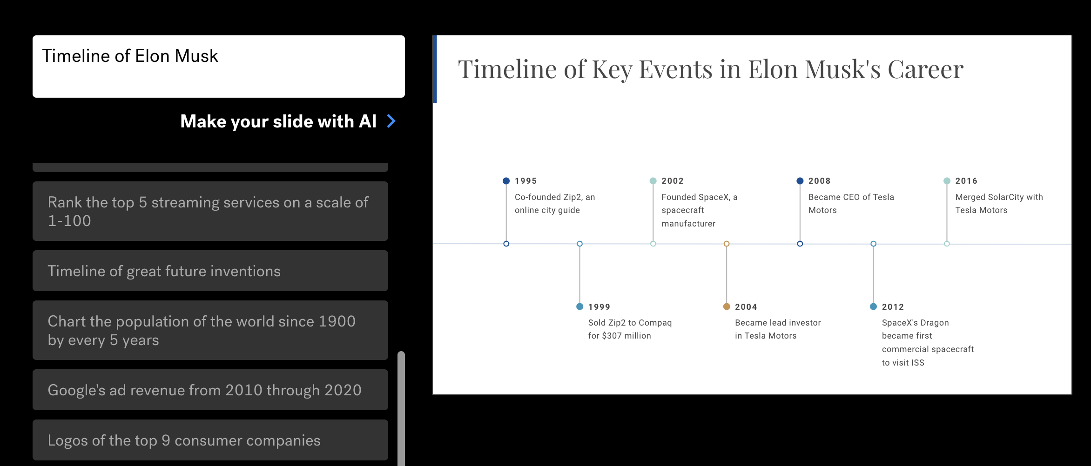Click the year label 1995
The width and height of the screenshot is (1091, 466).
tap(525, 181)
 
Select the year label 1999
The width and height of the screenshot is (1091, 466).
tap(599, 307)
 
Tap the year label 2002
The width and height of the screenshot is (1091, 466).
tap(673, 181)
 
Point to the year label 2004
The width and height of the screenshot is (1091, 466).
tap(746, 307)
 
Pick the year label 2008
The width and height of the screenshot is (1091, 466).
tap(819, 181)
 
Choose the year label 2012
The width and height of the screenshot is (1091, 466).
tap(893, 307)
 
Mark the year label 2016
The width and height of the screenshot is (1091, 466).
tap(966, 181)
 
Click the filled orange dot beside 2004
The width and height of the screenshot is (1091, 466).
tap(727, 306)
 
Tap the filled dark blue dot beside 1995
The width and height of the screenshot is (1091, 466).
tap(506, 181)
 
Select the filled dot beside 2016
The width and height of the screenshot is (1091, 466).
tap(947, 181)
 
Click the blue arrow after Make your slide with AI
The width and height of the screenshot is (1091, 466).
tap(391, 121)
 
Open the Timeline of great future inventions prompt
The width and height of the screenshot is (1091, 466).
tap(210, 271)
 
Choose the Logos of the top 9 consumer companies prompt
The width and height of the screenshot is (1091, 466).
tap(210, 440)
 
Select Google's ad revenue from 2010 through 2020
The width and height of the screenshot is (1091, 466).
tap(210, 390)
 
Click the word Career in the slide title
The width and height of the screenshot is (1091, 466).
tap(925, 70)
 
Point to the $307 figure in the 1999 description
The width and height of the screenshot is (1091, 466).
tap(612, 336)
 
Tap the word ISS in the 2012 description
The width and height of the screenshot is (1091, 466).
tap(917, 363)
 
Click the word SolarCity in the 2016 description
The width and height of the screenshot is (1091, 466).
tap(1005, 197)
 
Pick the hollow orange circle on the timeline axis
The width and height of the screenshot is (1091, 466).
tap(727, 244)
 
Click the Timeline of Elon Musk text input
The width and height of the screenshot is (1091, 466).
tap(219, 67)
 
